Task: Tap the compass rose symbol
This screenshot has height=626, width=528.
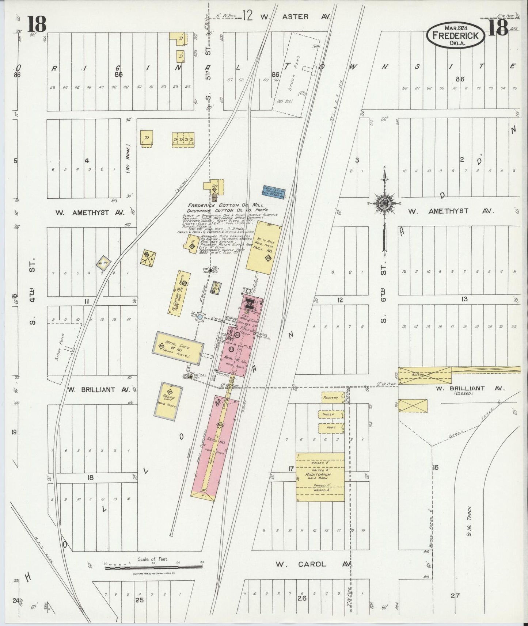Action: pos(385,202)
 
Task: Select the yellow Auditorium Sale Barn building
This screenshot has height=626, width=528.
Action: pos(320,477)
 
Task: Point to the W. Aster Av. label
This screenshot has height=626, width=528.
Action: pos(295,17)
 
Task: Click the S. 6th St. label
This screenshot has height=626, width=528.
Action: pos(383,296)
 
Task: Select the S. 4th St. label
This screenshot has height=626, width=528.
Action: pos(32,292)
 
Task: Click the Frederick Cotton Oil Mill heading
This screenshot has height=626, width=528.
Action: pos(225,205)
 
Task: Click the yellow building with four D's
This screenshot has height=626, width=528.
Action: pos(183,140)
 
